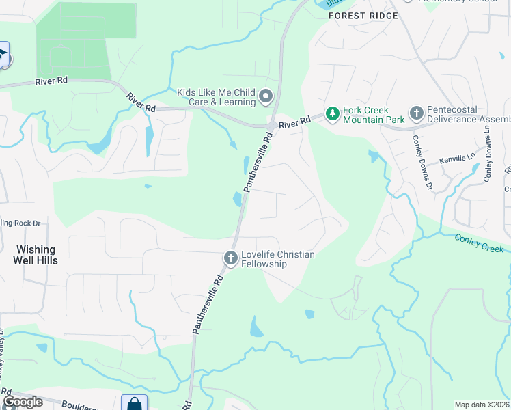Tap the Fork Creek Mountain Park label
(x=365, y=115)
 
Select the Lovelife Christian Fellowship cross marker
(x=230, y=259)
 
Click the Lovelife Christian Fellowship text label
(x=278, y=259)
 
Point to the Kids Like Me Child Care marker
(x=266, y=97)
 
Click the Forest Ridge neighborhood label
(x=362, y=15)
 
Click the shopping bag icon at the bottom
(x=134, y=403)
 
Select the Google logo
(x=23, y=402)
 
